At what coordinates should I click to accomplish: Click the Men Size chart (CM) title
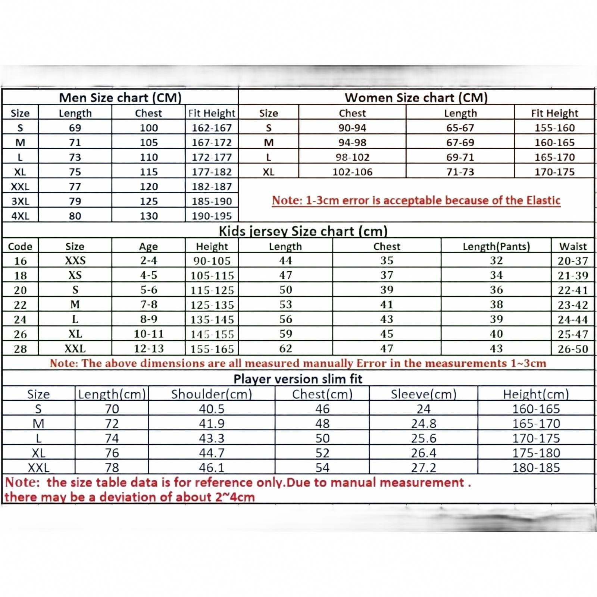(x=120, y=98)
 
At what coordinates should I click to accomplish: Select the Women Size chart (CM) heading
(x=416, y=98)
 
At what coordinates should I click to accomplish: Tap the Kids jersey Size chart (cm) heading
(x=303, y=231)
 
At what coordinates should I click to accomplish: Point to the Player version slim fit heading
(x=298, y=379)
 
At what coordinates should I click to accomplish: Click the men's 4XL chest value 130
(x=149, y=216)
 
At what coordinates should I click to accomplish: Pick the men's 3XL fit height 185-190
(x=212, y=201)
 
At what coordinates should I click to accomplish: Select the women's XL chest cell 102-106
(x=352, y=172)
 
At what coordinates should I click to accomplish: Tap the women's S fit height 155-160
(x=554, y=128)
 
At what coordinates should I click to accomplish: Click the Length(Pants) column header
(x=496, y=247)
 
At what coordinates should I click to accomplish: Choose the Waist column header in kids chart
(x=573, y=247)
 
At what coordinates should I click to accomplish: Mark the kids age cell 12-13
(x=149, y=349)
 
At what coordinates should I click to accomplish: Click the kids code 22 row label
(x=20, y=305)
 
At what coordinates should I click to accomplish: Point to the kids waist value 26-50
(x=573, y=349)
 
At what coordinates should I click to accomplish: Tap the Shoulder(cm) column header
(x=212, y=394)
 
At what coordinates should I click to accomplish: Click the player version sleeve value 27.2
(x=423, y=468)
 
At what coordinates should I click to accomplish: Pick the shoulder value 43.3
(x=212, y=438)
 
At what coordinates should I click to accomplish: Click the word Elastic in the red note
(x=543, y=200)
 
